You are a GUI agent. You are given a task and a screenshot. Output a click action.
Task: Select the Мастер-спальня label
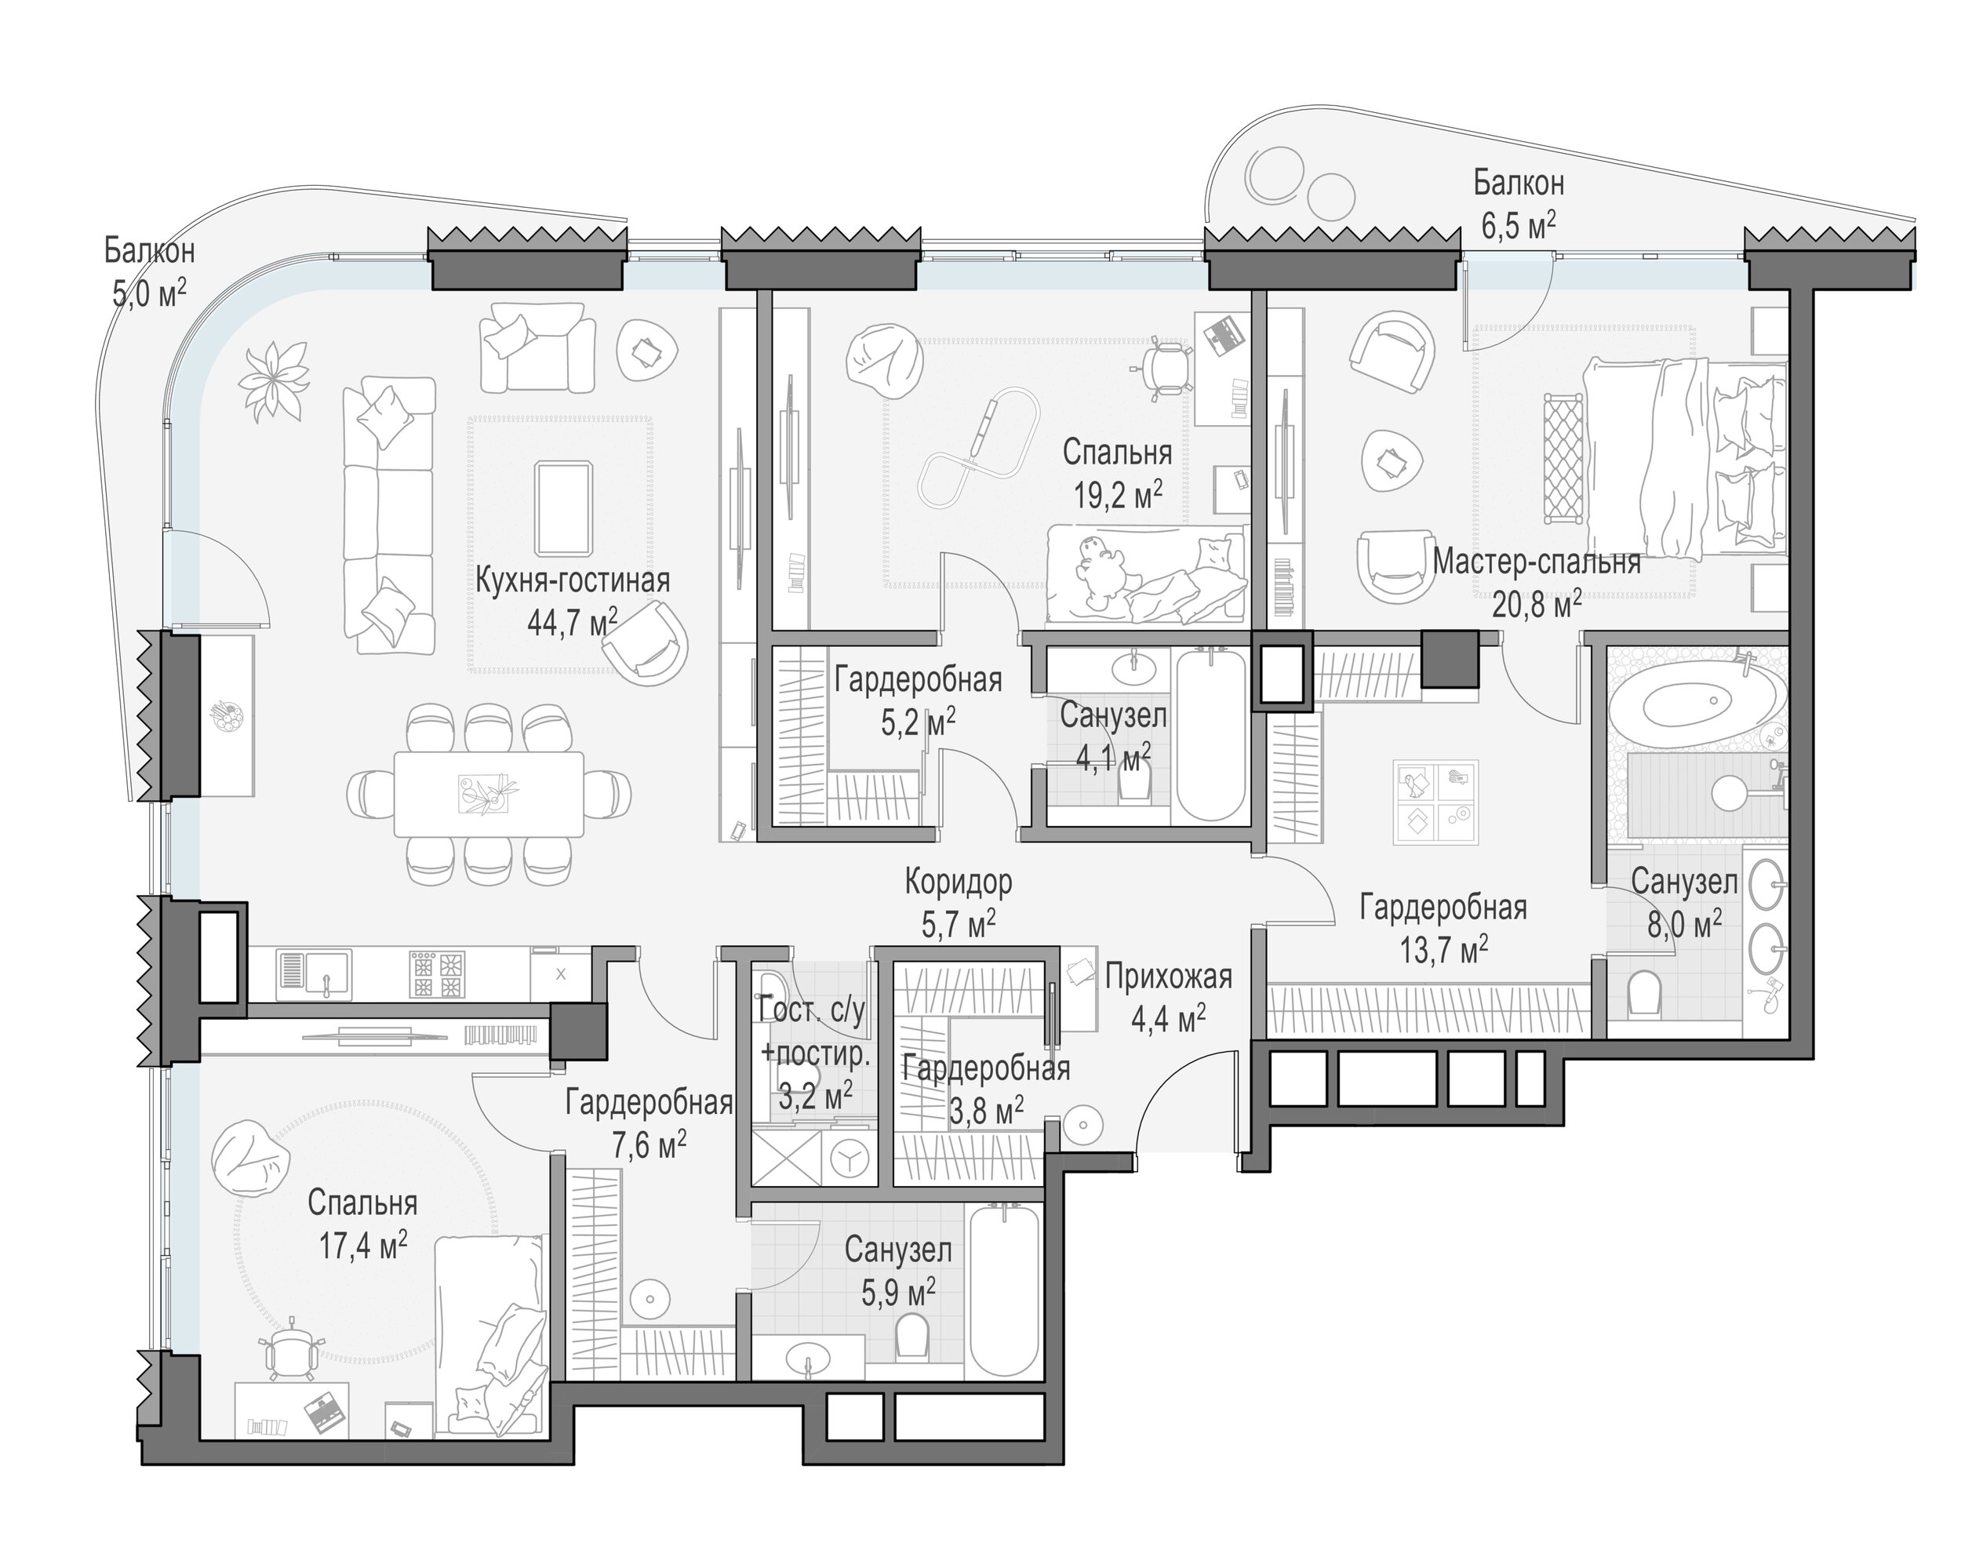pyautogui.click(x=1536, y=562)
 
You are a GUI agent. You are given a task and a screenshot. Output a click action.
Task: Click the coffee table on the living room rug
pyautogui.click(x=564, y=508)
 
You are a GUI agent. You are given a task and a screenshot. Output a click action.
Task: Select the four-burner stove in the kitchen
pyautogui.click(x=438, y=974)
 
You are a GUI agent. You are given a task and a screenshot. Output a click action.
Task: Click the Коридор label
pyautogui.click(x=958, y=882)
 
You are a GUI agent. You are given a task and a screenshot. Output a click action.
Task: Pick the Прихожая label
pyautogui.click(x=1169, y=977)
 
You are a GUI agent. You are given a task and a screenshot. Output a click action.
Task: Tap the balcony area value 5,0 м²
pyautogui.click(x=149, y=293)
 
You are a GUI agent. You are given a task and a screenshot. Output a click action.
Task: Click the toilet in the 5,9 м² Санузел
pyautogui.click(x=911, y=1335)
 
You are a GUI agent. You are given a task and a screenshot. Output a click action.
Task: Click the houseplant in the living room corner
pyautogui.click(x=274, y=381)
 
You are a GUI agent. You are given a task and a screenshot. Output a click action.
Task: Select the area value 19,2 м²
pyautogui.click(x=1118, y=495)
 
